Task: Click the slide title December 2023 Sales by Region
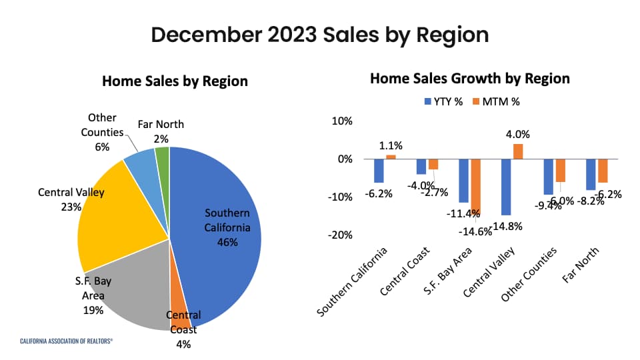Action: coord(319,35)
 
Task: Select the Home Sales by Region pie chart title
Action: coord(175,81)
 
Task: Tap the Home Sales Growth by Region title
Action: coord(469,79)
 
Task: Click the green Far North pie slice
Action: coord(163,157)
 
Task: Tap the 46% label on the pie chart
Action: coord(227,242)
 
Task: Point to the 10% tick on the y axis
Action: coord(342,121)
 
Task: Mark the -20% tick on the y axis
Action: coord(340,235)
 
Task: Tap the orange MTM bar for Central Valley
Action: coord(518,151)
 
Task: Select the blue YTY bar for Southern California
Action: coord(379,171)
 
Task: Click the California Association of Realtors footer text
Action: coord(66,340)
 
